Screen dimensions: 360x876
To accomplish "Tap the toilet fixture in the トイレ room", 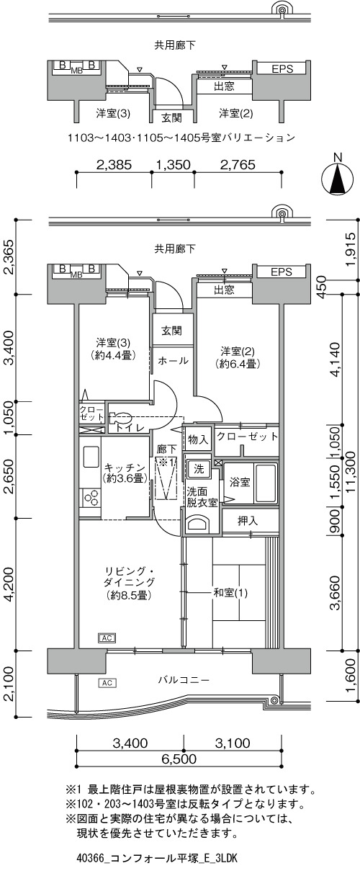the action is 120,419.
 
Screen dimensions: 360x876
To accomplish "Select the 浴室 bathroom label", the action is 240,482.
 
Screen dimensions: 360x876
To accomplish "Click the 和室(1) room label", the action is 230,593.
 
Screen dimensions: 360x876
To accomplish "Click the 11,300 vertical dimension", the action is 351,473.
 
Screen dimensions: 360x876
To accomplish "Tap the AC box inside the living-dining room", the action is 107,638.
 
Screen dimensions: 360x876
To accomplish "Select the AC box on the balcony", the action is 107,683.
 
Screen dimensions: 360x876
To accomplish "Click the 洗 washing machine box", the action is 199,469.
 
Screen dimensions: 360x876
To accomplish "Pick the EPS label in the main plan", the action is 282,272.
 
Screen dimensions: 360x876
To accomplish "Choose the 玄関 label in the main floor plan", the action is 171,331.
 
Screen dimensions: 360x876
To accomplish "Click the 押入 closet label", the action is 248,521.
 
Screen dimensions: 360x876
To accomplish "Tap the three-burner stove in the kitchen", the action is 91,498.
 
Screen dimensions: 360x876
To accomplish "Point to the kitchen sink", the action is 91,457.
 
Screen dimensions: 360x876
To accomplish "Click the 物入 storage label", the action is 198,440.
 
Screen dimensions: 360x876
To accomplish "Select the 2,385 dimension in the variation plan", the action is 114,165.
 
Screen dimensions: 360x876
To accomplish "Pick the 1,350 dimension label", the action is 174,165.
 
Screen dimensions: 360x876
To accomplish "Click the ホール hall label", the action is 173,361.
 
